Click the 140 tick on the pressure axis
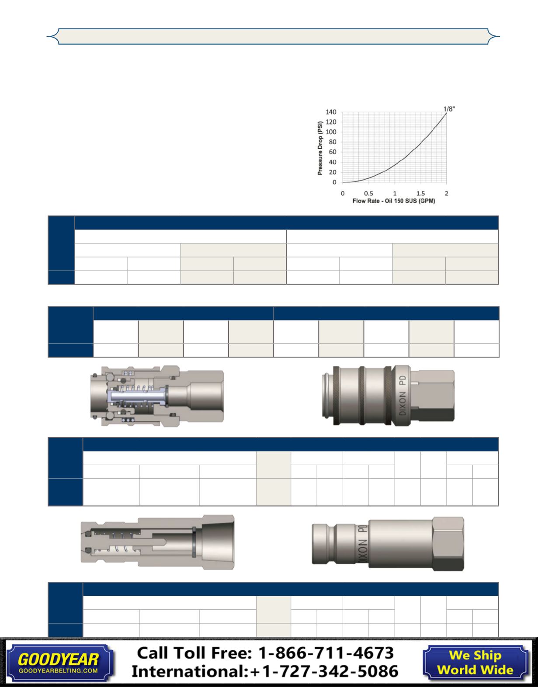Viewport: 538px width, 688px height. pyautogui.click(x=331, y=112)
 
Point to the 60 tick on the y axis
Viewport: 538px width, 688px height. pyautogui.click(x=333, y=152)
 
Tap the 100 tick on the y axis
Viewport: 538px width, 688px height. pyautogui.click(x=331, y=132)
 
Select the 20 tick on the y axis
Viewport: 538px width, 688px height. pyautogui.click(x=333, y=172)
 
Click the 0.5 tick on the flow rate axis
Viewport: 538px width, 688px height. pyautogui.click(x=368, y=193)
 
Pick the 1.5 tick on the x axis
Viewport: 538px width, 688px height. pyautogui.click(x=420, y=193)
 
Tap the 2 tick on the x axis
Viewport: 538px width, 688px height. pyautogui.click(x=447, y=193)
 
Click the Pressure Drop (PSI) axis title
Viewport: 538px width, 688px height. pyautogui.click(x=320, y=148)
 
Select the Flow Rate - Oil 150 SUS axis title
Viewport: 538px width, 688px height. pyautogui.click(x=394, y=201)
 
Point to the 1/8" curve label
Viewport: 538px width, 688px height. pyautogui.click(x=449, y=109)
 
